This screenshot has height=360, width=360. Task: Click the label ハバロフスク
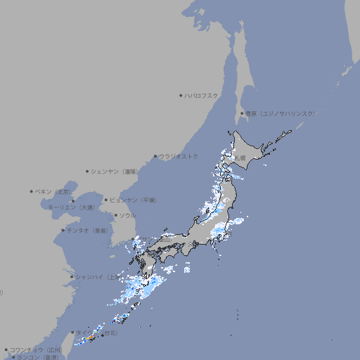(201, 95)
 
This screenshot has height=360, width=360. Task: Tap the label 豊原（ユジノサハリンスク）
(280, 113)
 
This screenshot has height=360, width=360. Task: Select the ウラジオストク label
(179, 156)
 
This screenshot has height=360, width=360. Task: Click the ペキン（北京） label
(53, 191)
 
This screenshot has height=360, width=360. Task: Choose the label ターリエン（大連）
(70, 207)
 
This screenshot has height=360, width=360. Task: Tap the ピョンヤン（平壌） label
(133, 200)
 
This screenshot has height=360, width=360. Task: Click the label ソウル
(127, 215)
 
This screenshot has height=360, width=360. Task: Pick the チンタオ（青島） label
(87, 230)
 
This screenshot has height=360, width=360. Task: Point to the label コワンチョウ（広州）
(35, 349)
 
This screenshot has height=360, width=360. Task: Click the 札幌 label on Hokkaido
(240, 158)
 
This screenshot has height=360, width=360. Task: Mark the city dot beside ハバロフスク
(181, 95)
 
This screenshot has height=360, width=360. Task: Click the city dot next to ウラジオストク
(155, 156)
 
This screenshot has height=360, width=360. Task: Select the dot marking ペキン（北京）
(32, 191)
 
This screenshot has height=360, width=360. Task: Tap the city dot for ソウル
(115, 215)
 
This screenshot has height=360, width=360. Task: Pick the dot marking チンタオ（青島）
(63, 230)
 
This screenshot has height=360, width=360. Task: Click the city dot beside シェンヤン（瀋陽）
(87, 171)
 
